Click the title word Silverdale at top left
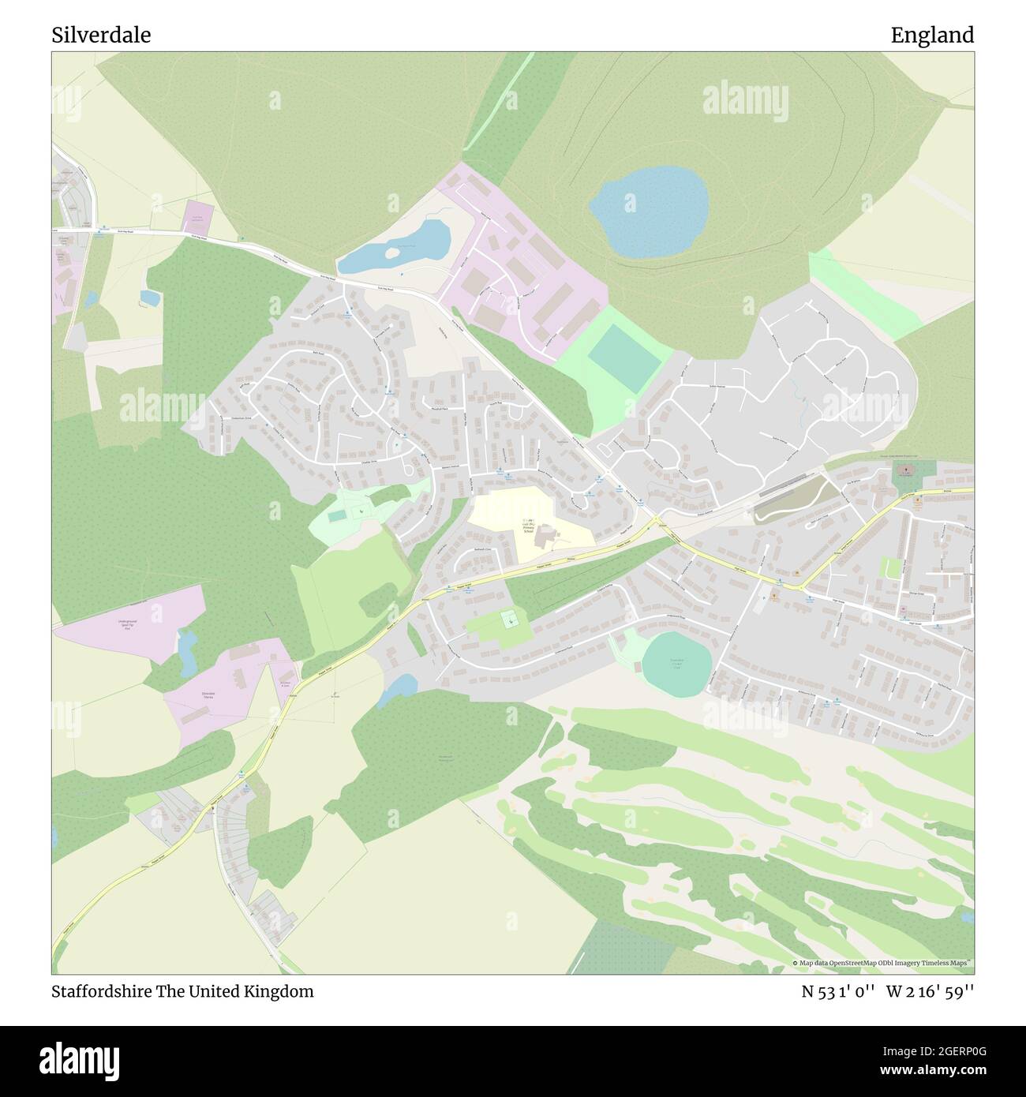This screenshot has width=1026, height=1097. [x=101, y=36]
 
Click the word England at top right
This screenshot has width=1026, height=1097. [x=932, y=36]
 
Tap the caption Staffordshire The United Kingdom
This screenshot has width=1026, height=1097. [x=182, y=992]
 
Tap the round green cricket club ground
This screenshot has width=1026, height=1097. [x=676, y=664]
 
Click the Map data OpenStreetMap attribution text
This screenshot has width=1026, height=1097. [x=882, y=963]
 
